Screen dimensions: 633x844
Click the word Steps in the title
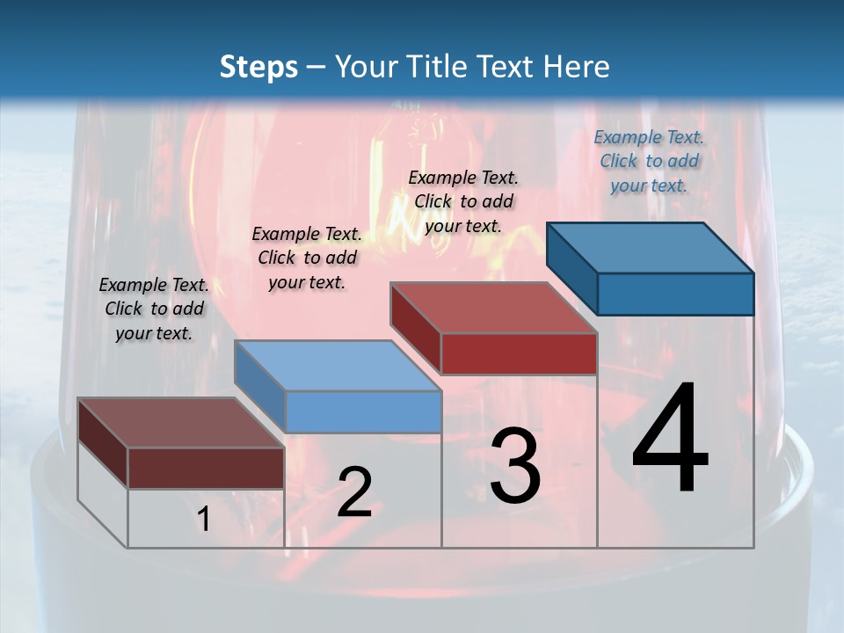258,67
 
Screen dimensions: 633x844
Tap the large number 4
670,439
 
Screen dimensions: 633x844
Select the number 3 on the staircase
515,465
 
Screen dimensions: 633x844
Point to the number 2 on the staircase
354,492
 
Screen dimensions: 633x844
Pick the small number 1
203,520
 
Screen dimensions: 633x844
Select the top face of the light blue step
338,366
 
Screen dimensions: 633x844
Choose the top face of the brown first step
181,423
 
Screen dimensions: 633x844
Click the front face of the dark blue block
675,294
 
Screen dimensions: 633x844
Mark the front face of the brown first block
206,468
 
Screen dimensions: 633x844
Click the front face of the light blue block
363,411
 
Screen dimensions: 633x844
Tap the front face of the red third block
519,353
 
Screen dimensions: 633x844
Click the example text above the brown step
154,309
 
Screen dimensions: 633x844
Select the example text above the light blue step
307,258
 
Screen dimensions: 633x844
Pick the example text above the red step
463,201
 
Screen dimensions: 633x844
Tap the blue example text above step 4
649,161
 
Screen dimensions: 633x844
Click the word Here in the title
577,67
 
